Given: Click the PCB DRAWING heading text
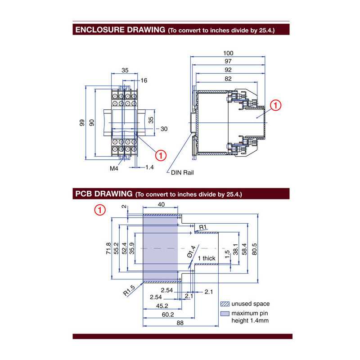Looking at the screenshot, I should [x=103, y=194].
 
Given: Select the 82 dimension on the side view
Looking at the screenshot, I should [x=228, y=79].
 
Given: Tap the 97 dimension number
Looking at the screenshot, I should [x=228, y=61].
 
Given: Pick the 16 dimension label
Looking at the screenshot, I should [x=144, y=81].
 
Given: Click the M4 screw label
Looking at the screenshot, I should [x=114, y=168].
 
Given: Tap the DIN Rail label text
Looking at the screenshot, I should [x=182, y=172].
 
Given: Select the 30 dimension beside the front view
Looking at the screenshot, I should [x=164, y=129].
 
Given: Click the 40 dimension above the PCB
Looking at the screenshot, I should [x=161, y=205].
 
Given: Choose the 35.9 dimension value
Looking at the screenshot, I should [x=132, y=247].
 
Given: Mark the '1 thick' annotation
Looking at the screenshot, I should [x=207, y=258].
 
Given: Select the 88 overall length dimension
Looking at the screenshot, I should [x=180, y=322].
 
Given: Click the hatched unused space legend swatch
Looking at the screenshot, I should [x=224, y=304].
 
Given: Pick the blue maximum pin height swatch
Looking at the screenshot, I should [x=224, y=314].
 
